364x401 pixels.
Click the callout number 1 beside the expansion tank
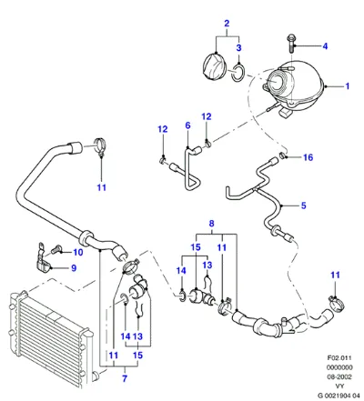tap(348, 86)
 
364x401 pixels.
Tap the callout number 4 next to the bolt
tap(325, 46)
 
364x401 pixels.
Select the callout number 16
tap(308, 157)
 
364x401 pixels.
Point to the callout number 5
tap(303, 206)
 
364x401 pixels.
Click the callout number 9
tap(74, 268)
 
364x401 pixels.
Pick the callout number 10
tap(78, 252)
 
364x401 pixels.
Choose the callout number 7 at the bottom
tap(125, 378)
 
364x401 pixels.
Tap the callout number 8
tap(211, 224)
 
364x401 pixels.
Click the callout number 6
tap(187, 125)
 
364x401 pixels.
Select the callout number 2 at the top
tap(227, 24)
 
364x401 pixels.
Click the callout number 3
tap(238, 47)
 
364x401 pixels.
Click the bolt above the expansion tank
tap(290, 44)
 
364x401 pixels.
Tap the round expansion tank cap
tap(214, 66)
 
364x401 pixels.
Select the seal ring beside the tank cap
tap(238, 73)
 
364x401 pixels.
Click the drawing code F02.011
tap(339, 357)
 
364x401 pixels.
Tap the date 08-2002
tap(339, 376)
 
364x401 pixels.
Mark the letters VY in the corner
tap(339, 386)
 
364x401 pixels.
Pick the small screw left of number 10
tap(56, 249)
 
